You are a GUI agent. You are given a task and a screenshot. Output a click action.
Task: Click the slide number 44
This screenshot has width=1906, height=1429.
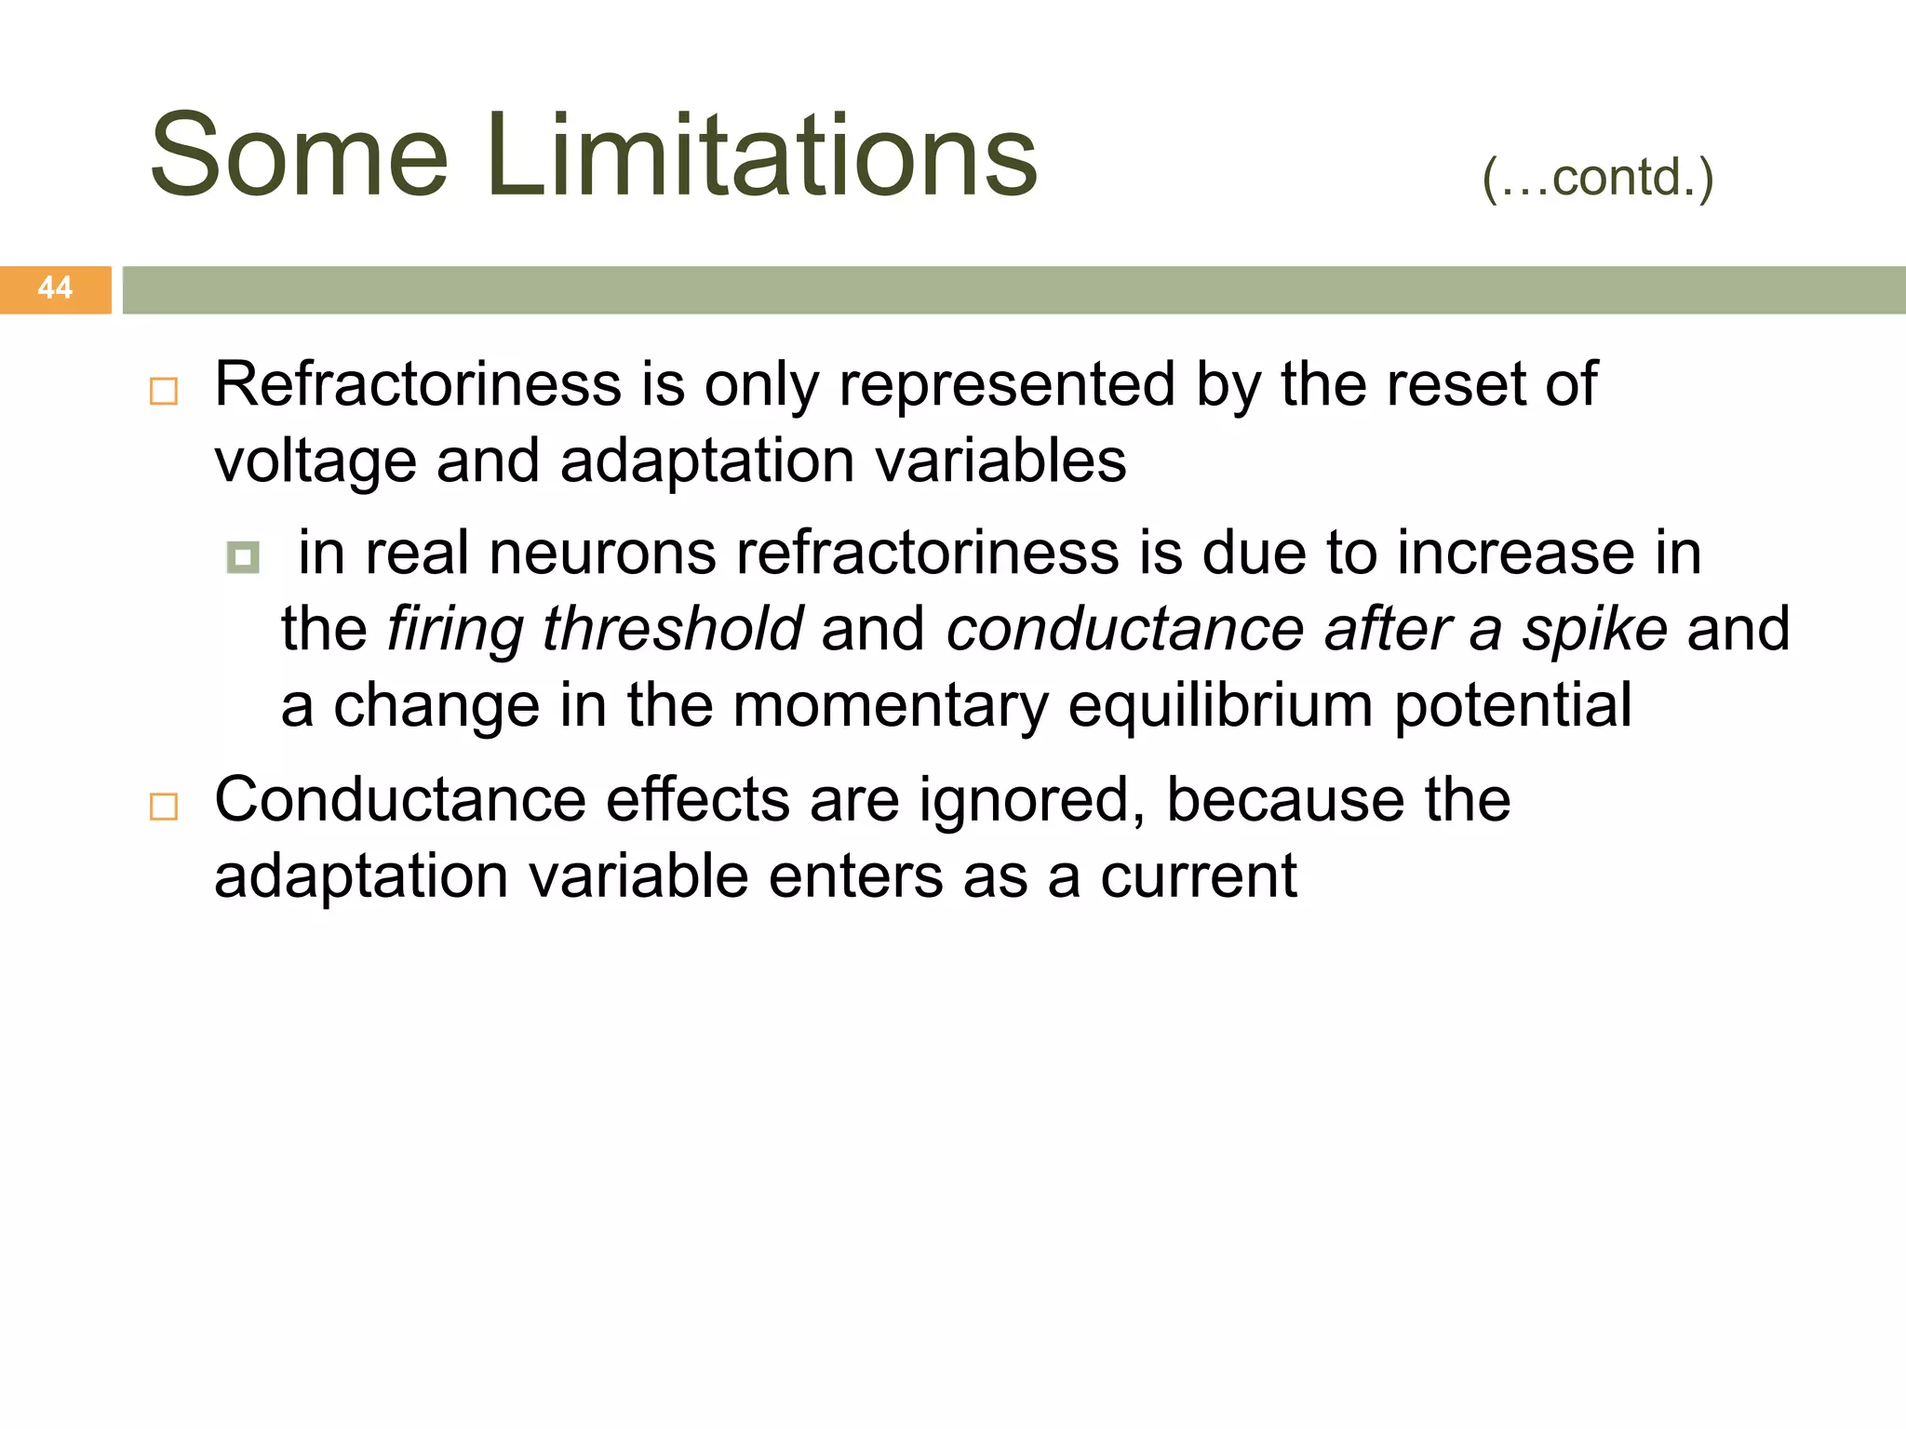point(55,288)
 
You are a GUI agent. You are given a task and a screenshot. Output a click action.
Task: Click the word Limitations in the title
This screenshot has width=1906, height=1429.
point(760,156)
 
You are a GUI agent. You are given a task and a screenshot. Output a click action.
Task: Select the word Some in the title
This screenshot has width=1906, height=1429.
point(299,156)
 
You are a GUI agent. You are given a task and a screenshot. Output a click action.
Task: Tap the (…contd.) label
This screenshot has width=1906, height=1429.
point(1597,178)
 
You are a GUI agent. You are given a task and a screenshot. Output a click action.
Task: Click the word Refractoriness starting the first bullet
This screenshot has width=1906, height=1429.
point(417,384)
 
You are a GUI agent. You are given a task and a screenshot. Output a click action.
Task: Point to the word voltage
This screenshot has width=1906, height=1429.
point(315,462)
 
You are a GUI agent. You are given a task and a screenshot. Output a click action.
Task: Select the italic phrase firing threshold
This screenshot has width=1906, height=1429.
point(594,630)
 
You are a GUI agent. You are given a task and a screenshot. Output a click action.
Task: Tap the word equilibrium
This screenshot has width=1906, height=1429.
point(1219,705)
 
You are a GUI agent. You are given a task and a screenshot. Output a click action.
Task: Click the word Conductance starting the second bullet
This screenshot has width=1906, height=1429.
point(400,800)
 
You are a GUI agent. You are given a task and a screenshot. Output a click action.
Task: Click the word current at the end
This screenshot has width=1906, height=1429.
point(1198,876)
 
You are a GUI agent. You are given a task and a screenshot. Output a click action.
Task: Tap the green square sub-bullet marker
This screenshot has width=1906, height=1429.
point(243,557)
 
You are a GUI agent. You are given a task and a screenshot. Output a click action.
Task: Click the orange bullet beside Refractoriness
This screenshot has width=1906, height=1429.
point(164,391)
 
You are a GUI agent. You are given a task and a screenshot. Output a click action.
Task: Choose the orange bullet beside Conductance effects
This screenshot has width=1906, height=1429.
point(164,806)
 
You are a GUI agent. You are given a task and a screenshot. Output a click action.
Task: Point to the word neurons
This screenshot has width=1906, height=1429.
point(602,554)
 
